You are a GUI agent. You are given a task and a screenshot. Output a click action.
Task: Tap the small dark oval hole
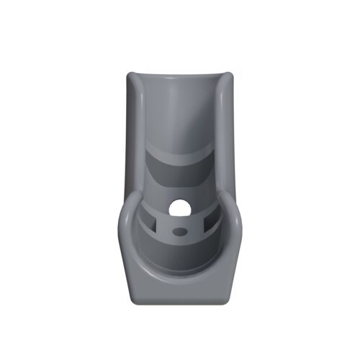click(180, 232)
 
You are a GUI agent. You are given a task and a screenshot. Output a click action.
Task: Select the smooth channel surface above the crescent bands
click(180, 108)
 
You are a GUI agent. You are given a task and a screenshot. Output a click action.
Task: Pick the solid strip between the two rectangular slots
click(180, 222)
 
